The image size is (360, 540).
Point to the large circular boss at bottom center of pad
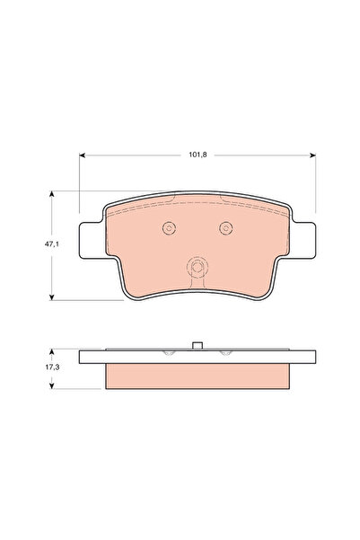[196, 269]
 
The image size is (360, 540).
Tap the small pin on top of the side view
[196, 345]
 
